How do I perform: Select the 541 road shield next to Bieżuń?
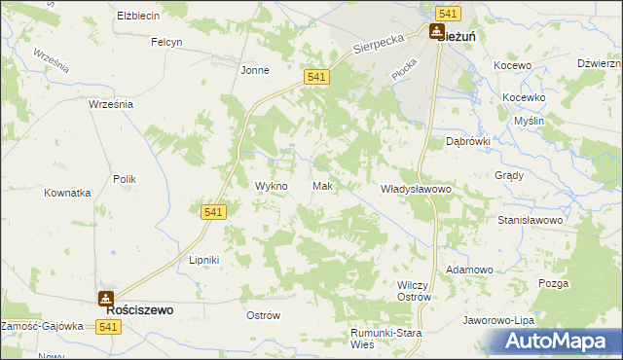[x=448, y=13]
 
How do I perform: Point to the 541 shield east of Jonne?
[x=314, y=77]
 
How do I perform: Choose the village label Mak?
[x=324, y=186]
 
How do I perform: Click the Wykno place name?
[x=271, y=186]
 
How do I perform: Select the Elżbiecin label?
[x=136, y=17]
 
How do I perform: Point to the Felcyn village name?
[x=166, y=42]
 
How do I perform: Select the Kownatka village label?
[x=67, y=193]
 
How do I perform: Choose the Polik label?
[x=124, y=179]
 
